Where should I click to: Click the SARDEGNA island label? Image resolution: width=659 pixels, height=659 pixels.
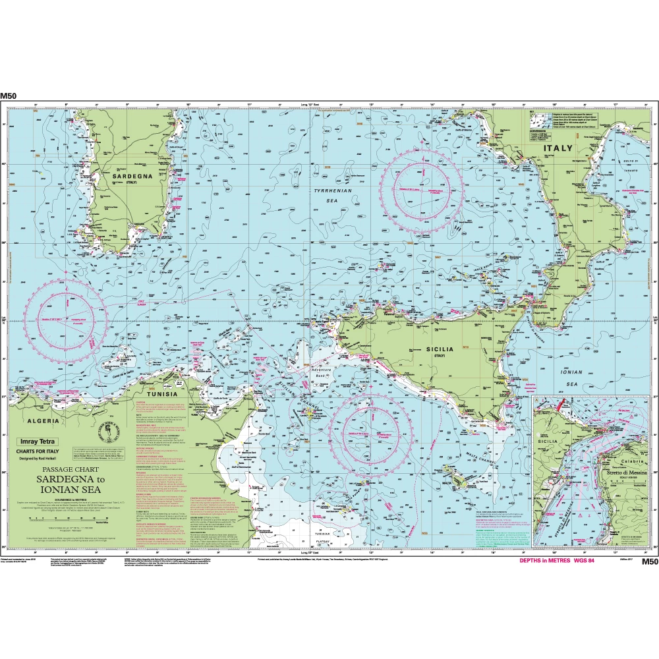pyautogui.click(x=132, y=177)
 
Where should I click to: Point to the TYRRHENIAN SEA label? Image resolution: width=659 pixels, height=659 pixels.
pyautogui.click(x=328, y=194)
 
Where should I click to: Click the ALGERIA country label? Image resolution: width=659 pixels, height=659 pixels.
pyautogui.click(x=42, y=420)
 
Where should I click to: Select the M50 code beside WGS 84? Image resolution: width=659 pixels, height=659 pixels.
pyautogui.click(x=649, y=561)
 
